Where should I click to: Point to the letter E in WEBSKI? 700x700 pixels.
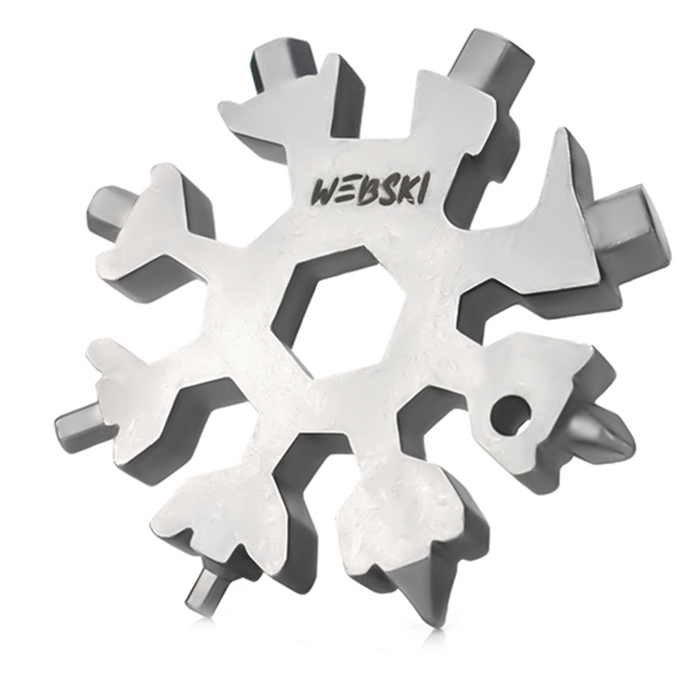point(351,192)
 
